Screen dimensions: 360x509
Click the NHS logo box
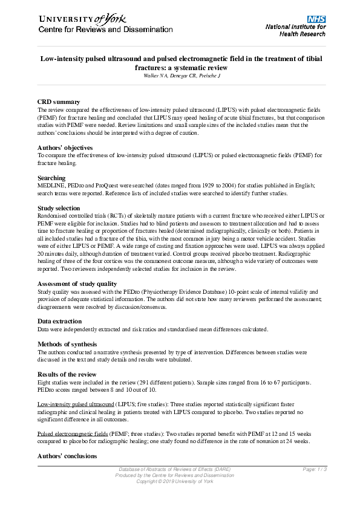[x=316, y=19]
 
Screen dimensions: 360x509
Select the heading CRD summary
[x=58, y=102]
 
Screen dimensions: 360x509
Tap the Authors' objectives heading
[x=65, y=148]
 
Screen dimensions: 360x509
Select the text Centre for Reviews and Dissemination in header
[x=106, y=30]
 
